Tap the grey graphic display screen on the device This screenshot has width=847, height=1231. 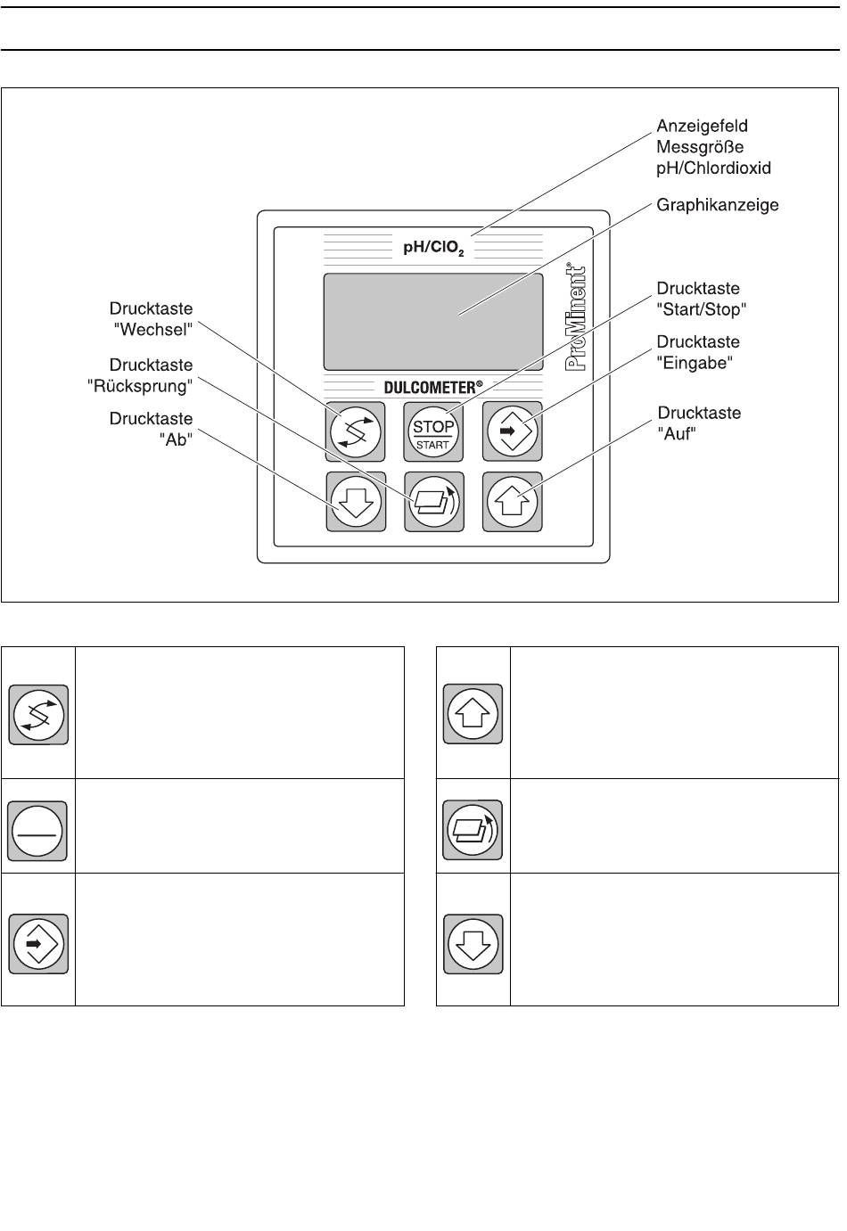click(433, 321)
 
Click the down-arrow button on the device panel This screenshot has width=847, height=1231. click(356, 502)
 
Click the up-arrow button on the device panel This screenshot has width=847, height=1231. click(513, 502)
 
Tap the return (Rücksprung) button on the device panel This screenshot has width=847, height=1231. click(434, 502)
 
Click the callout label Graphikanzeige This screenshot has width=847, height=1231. click(718, 205)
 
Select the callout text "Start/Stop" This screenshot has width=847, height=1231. click(701, 309)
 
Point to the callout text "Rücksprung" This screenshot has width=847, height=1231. click(141, 386)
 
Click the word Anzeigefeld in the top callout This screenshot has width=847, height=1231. click(702, 126)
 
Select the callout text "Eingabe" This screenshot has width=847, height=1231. click(695, 363)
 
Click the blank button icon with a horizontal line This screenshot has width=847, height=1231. click(37, 830)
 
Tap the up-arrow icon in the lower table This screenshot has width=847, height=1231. click(473, 714)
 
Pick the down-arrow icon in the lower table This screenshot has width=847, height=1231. click(473, 943)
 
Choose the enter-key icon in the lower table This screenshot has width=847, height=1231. click(38, 943)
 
